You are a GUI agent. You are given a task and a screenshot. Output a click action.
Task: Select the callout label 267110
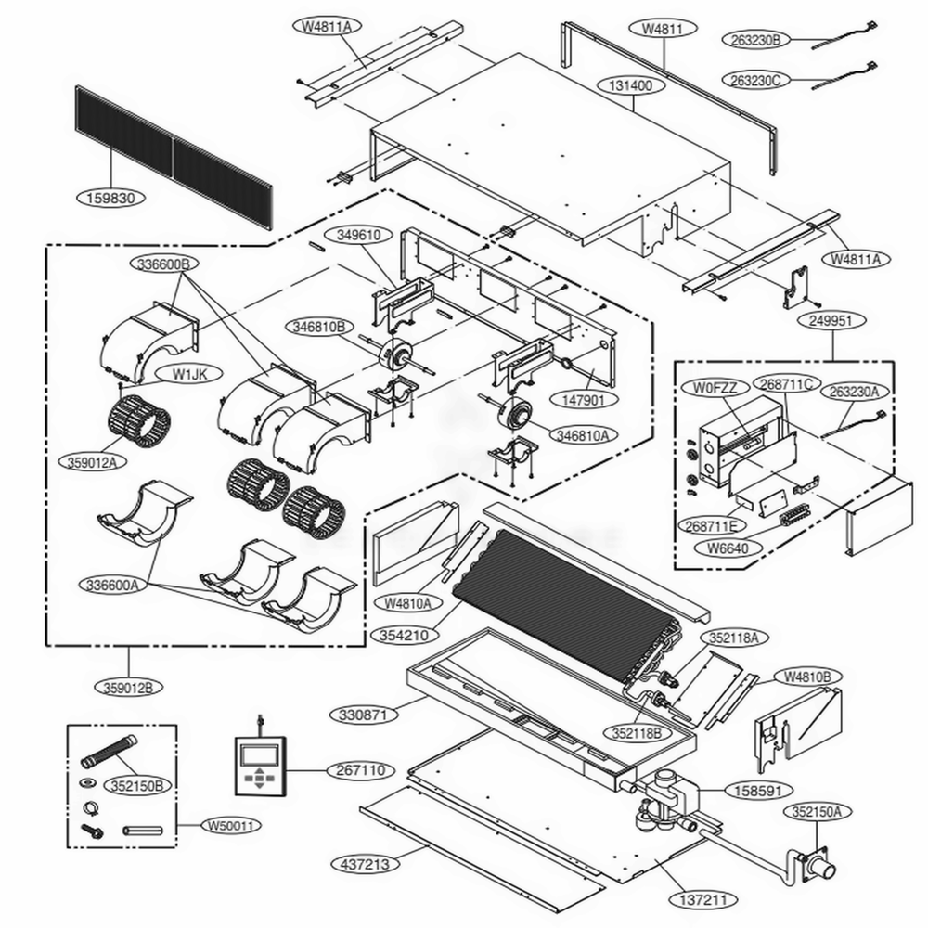pyautogui.click(x=363, y=770)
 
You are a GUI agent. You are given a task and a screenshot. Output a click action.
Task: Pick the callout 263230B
pyautogui.click(x=754, y=39)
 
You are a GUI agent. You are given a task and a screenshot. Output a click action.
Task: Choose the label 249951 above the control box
pyautogui.click(x=831, y=321)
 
